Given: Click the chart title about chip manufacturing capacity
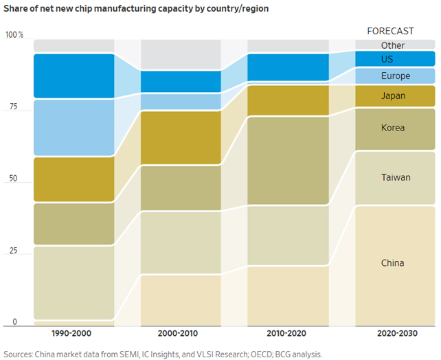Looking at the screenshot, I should coord(136,9).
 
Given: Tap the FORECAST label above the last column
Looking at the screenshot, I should coord(390,31).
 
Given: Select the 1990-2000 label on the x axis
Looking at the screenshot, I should coord(73,333).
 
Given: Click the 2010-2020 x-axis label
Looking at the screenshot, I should coord(287,333).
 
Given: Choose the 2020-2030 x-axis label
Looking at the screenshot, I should coord(394,333).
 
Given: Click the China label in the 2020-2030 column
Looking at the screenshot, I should coord(393,263).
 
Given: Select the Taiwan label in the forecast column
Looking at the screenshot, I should coord(396,177).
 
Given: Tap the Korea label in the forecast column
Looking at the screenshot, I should coord(393,128).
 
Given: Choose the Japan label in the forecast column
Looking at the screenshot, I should coord(393,96).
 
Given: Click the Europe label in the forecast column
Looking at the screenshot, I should coord(395,76).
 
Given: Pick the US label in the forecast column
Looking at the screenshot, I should coord(387,60).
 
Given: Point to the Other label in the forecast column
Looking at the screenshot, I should coord(393,45).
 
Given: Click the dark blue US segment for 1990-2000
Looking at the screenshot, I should coord(73,76).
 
